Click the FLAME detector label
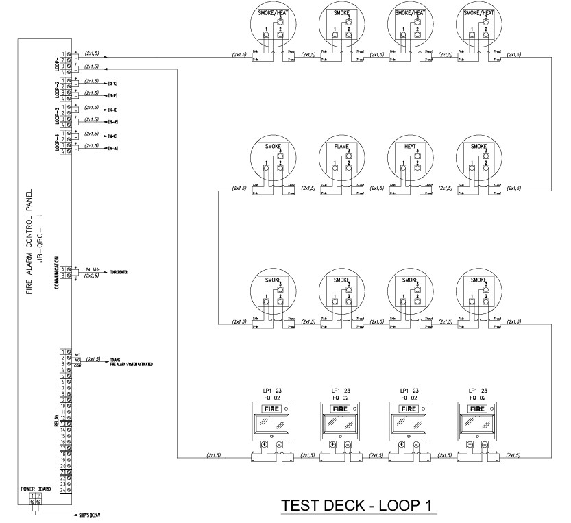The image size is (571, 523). point(341,146)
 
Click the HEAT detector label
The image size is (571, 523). point(410,146)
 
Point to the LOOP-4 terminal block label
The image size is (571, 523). point(56,141)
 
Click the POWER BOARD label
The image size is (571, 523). point(32,488)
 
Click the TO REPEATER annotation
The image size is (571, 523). point(119,272)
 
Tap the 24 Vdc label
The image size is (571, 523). point(93,268)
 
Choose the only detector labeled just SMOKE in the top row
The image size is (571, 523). point(341,12)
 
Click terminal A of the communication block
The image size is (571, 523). point(62,269)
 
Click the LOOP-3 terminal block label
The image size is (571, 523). point(56,114)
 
